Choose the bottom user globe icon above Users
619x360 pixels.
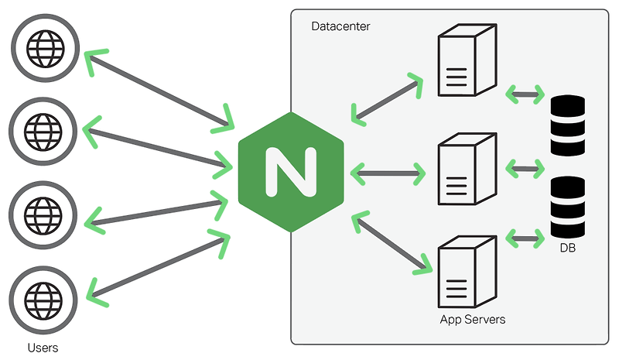44,296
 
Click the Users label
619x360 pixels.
43,348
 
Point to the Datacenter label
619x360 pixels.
340,27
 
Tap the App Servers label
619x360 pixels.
472,319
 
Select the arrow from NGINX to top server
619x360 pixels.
387,99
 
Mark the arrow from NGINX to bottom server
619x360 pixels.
392,244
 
